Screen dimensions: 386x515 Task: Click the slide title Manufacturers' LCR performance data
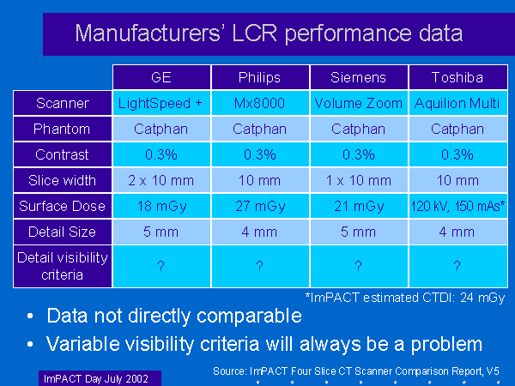(x=270, y=33)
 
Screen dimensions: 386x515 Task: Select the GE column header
(x=161, y=77)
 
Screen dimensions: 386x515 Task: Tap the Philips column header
(x=259, y=77)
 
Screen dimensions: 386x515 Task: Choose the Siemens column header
(x=358, y=77)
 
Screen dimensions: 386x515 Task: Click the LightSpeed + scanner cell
(x=161, y=104)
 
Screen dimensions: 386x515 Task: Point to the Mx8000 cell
(x=259, y=104)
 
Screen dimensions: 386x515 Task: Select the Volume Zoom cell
(x=358, y=104)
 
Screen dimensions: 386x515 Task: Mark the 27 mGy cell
(x=259, y=206)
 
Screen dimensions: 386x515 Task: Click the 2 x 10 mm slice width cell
(x=161, y=180)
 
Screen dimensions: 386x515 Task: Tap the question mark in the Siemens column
(x=358, y=267)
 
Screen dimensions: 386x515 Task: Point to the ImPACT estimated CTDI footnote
(x=404, y=297)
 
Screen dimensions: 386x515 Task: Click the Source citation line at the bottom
(x=355, y=371)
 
